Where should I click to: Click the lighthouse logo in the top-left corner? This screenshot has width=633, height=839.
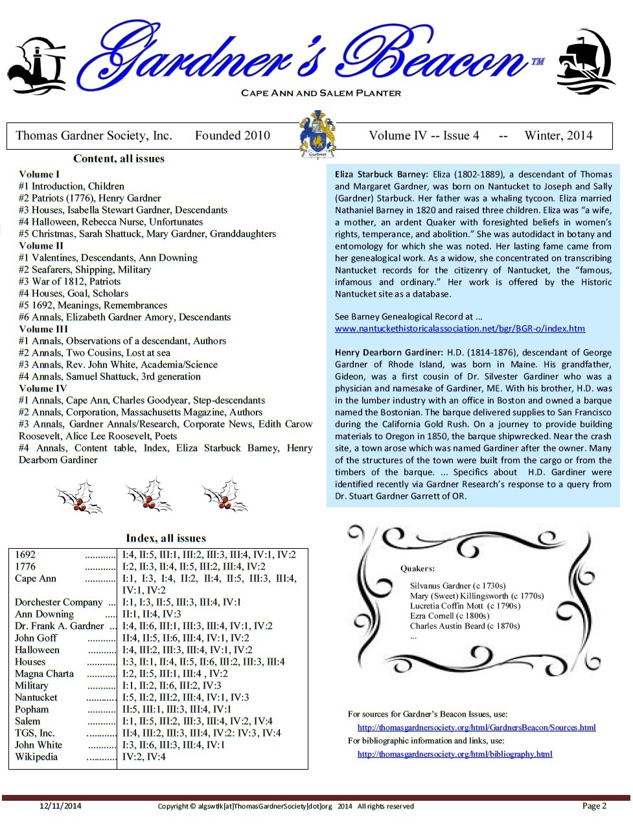pos(36,66)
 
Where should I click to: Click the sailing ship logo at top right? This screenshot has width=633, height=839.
pos(586,63)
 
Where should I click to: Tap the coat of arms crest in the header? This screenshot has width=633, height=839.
pos(317,135)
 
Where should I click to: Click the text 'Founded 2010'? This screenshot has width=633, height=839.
pos(232,135)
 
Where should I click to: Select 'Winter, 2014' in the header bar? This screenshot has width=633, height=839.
pos(558,135)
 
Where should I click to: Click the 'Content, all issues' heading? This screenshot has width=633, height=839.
pos(119,159)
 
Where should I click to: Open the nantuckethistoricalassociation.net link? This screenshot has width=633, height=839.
pos(459,328)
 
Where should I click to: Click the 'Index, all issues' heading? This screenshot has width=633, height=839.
pos(166,538)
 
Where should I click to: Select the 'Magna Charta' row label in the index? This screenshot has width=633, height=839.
pos(44,674)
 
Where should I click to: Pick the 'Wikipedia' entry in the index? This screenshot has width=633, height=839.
pos(36,757)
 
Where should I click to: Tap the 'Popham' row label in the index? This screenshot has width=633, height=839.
pos(32,709)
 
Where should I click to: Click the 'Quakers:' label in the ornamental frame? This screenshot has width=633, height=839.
pos(417,569)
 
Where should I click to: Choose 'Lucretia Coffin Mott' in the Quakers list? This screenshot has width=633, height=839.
pos(447,606)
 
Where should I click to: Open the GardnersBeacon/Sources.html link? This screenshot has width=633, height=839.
pos(476,728)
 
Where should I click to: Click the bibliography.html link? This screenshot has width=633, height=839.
pos(455,754)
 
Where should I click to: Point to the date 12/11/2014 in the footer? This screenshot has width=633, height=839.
pos(60,807)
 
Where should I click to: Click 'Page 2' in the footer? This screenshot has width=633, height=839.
pos(594,806)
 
